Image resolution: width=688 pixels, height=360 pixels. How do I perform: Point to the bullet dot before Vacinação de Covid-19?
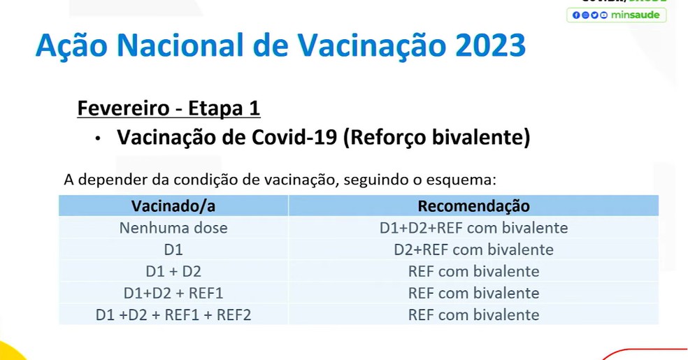(x=100, y=139)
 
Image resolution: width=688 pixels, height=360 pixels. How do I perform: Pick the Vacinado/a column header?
(x=173, y=206)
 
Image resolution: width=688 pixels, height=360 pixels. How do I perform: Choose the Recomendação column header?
(x=473, y=206)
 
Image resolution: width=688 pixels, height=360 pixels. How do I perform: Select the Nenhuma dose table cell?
(x=173, y=227)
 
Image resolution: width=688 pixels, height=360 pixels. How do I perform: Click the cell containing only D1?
(x=173, y=249)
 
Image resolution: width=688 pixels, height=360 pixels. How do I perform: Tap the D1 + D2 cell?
(x=173, y=271)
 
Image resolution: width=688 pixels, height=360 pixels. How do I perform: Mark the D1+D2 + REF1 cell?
(x=173, y=292)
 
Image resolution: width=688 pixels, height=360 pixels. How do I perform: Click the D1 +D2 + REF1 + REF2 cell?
(x=173, y=315)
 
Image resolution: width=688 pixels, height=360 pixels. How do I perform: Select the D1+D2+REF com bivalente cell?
(x=473, y=227)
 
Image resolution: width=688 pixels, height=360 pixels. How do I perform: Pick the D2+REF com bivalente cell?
(x=473, y=249)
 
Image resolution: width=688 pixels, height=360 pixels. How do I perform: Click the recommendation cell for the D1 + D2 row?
(x=473, y=271)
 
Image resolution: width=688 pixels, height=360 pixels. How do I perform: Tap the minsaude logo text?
(x=635, y=15)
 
